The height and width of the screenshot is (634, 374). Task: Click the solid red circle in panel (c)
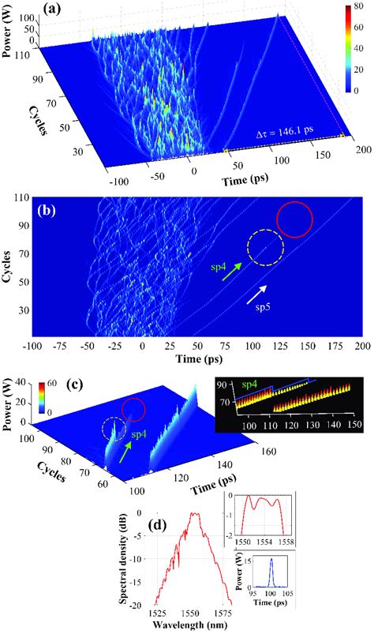click(x=134, y=410)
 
